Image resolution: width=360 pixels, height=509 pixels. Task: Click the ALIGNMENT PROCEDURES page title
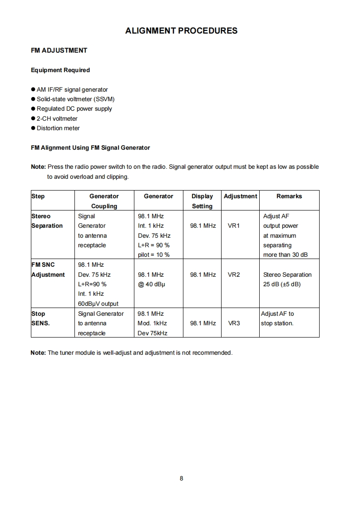181,31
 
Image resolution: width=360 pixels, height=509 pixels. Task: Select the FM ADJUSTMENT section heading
59,50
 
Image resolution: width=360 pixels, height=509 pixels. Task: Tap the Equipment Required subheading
60,70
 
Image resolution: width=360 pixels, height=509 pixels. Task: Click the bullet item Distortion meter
58,128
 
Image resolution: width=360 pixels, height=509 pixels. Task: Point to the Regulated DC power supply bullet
74,109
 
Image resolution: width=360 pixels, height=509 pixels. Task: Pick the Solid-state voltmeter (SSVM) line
75,99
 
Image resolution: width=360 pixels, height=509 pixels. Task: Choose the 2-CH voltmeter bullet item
57,118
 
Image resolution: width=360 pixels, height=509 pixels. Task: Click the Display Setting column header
202,201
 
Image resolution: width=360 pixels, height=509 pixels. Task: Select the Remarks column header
289,196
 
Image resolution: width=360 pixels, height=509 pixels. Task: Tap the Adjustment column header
240,196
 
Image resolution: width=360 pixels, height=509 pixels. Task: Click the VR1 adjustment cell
233,225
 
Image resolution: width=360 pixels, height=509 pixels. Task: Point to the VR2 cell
233,274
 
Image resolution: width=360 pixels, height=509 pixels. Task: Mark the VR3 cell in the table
233,323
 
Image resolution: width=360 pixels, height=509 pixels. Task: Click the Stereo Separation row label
47,221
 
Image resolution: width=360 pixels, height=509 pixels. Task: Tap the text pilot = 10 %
153,255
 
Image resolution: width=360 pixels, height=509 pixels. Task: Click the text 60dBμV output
98,303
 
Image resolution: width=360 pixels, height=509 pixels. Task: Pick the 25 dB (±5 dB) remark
282,284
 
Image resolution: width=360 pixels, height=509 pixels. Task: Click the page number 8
181,478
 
